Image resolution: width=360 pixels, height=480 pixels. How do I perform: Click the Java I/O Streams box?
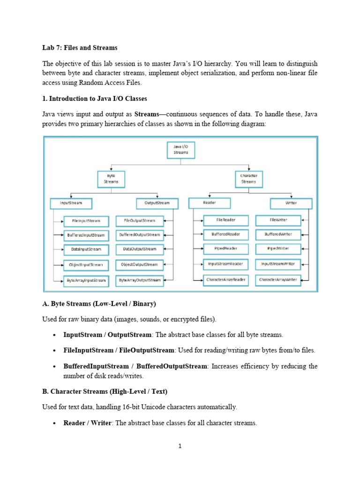(x=181, y=150)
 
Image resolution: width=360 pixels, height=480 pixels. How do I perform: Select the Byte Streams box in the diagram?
(x=111, y=179)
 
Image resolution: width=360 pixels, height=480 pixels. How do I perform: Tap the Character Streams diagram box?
(x=248, y=179)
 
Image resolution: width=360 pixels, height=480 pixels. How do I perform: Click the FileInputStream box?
(x=86, y=221)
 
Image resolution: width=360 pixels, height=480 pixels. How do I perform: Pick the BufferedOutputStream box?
(x=140, y=235)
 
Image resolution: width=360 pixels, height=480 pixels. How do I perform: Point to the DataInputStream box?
(x=86, y=249)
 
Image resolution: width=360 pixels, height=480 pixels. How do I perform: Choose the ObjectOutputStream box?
(x=140, y=264)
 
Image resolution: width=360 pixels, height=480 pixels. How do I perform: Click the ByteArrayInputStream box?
(x=86, y=280)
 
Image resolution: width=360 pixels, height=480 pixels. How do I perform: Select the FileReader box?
(x=226, y=220)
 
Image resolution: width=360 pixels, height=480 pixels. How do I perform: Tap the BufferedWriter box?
(x=278, y=234)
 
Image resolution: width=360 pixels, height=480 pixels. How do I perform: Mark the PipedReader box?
(x=226, y=248)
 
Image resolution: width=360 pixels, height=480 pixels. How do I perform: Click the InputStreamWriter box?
(x=278, y=264)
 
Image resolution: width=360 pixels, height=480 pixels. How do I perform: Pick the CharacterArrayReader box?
(x=226, y=280)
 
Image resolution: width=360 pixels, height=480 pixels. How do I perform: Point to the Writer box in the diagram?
(x=291, y=203)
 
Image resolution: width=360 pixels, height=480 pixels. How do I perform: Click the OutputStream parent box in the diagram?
(x=157, y=203)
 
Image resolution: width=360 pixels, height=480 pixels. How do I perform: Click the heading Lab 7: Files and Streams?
(x=80, y=48)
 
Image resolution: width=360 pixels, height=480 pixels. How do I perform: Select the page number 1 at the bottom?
(x=180, y=446)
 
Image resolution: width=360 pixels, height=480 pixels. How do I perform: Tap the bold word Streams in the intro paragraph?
(x=147, y=114)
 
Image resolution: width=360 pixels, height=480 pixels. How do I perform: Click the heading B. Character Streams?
(x=105, y=391)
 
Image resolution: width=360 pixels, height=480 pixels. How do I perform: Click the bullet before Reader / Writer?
(x=54, y=423)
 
